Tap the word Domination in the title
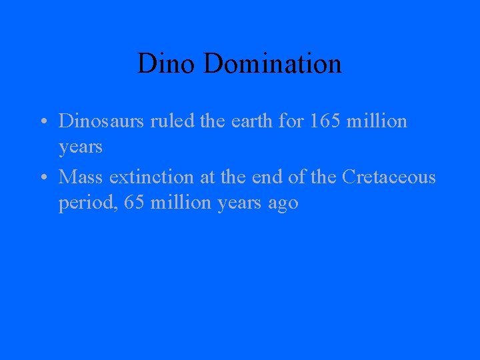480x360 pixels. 273,64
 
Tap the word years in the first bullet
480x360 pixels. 81,147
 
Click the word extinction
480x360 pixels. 151,177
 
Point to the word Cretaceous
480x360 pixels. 389,177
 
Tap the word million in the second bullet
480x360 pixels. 181,203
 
